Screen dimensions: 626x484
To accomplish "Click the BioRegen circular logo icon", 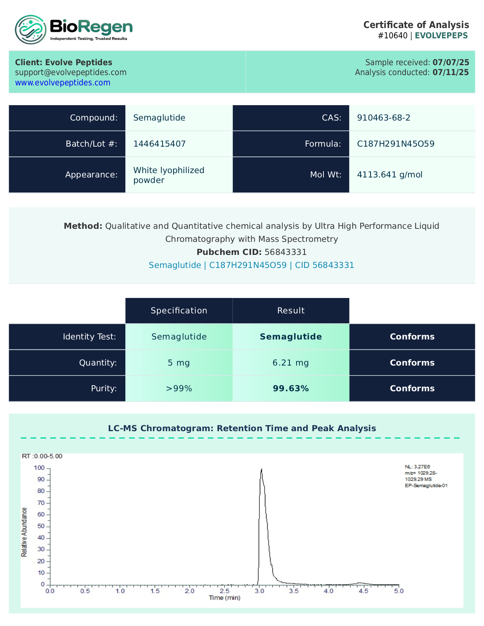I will pyautogui.click(x=30, y=30).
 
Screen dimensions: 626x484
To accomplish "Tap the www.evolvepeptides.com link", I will pyautogui.click(x=62, y=83).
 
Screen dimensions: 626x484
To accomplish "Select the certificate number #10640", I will pyautogui.click(x=393, y=36).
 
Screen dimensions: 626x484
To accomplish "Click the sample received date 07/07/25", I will pyautogui.click(x=451, y=62).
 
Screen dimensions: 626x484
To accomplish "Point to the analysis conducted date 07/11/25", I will pyautogui.click(x=451, y=72).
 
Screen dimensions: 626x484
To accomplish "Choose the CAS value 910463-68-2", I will pyautogui.click(x=384, y=118).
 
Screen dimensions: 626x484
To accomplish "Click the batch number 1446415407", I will pyautogui.click(x=159, y=144).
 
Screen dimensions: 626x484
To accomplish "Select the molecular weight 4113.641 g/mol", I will pyautogui.click(x=389, y=175).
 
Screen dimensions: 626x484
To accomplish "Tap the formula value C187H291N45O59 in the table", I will pyautogui.click(x=395, y=144).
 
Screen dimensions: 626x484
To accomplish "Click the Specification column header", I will pyautogui.click(x=179, y=311).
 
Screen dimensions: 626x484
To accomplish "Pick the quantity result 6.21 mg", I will pyautogui.click(x=291, y=363).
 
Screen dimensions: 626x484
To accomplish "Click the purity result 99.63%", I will pyautogui.click(x=291, y=388).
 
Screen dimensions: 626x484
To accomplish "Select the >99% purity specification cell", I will pyautogui.click(x=179, y=388).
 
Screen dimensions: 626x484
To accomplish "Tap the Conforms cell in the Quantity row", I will pyautogui.click(x=412, y=363).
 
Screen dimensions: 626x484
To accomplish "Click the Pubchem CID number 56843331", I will pyautogui.click(x=285, y=252).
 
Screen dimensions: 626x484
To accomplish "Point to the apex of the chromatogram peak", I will pyautogui.click(x=261, y=469).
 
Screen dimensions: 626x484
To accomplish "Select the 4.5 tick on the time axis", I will pyautogui.click(x=363, y=591).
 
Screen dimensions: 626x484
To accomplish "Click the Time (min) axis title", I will pyautogui.click(x=225, y=598).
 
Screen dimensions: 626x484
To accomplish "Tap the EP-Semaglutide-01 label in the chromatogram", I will pyautogui.click(x=426, y=486).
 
